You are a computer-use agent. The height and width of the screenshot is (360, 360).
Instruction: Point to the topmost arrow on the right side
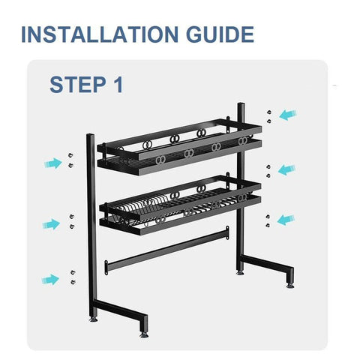coord(287,115)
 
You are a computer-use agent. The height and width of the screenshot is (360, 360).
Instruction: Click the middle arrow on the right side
coord(286,169)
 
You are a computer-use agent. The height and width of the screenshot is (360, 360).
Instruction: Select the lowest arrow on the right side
coord(286,219)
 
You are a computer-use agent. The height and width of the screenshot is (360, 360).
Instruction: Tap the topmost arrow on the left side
coord(52,163)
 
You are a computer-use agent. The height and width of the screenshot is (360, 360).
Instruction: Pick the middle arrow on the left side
coord(50,223)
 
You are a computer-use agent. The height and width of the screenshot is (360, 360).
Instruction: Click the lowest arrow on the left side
coord(49,279)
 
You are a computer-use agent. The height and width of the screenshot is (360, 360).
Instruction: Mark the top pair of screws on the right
coord(267,115)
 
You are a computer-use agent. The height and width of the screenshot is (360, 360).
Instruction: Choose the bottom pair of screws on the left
coord(72,276)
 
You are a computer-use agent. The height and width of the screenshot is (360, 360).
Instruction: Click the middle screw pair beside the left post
coord(72,220)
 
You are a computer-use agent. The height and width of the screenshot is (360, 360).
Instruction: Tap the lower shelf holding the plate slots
coord(178,204)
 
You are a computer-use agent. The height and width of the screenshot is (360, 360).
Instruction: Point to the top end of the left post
coord(90,137)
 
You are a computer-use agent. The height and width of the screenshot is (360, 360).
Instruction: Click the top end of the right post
coord(241,106)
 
